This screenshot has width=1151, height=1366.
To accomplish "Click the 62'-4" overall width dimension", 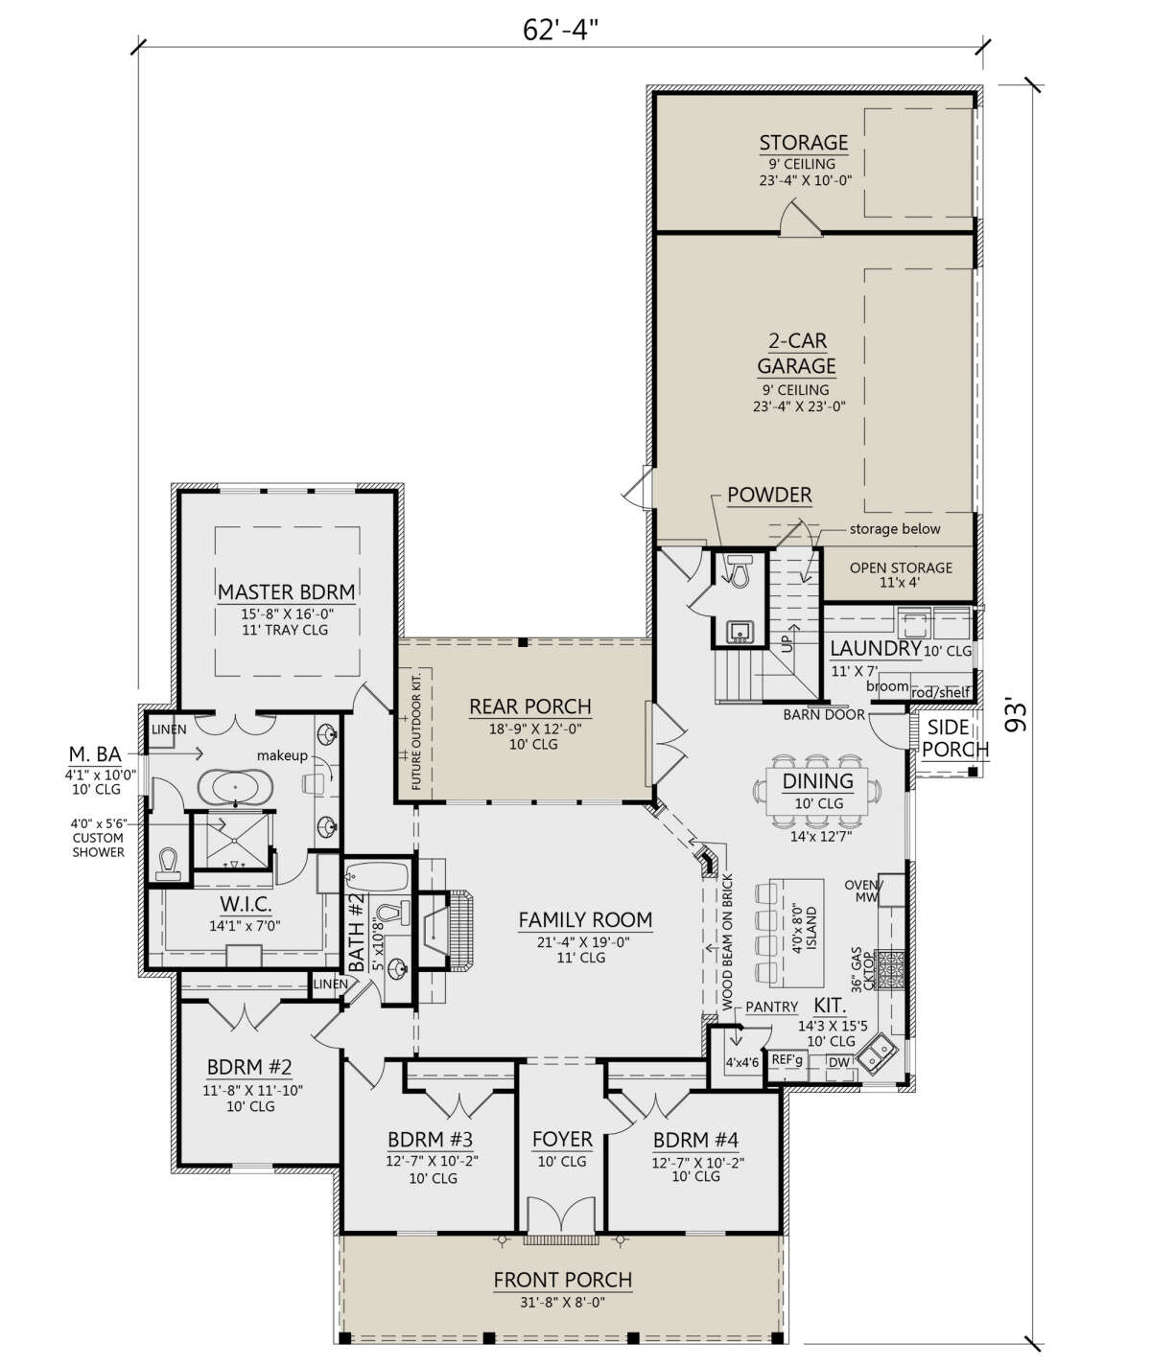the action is click(560, 30).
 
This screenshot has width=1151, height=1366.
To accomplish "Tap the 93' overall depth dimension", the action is click(1016, 717).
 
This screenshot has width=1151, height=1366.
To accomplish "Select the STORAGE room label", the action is click(804, 143).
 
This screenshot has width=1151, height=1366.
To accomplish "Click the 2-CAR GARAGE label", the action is click(797, 354).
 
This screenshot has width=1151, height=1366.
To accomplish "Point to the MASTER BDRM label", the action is click(286, 592).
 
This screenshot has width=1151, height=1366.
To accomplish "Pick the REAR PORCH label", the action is click(530, 706).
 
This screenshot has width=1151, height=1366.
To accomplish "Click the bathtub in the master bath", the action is click(235, 786).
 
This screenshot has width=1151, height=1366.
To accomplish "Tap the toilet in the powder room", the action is click(738, 570).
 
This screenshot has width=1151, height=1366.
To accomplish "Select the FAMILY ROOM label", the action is click(585, 920).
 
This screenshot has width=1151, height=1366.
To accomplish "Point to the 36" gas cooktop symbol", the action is click(890, 969).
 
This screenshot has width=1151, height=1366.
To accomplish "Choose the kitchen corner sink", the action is click(876, 1053).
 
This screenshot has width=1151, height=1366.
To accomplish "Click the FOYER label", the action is click(562, 1140).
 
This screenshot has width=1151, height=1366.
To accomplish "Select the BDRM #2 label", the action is click(248, 1067).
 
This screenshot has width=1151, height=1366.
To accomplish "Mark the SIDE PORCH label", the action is click(954, 738).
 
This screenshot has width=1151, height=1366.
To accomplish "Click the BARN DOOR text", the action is click(824, 714).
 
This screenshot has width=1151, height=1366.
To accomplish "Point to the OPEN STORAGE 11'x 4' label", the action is click(901, 575).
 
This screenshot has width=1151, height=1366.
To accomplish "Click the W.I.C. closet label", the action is click(246, 904).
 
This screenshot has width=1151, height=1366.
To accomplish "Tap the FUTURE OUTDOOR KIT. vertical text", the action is click(416, 729).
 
